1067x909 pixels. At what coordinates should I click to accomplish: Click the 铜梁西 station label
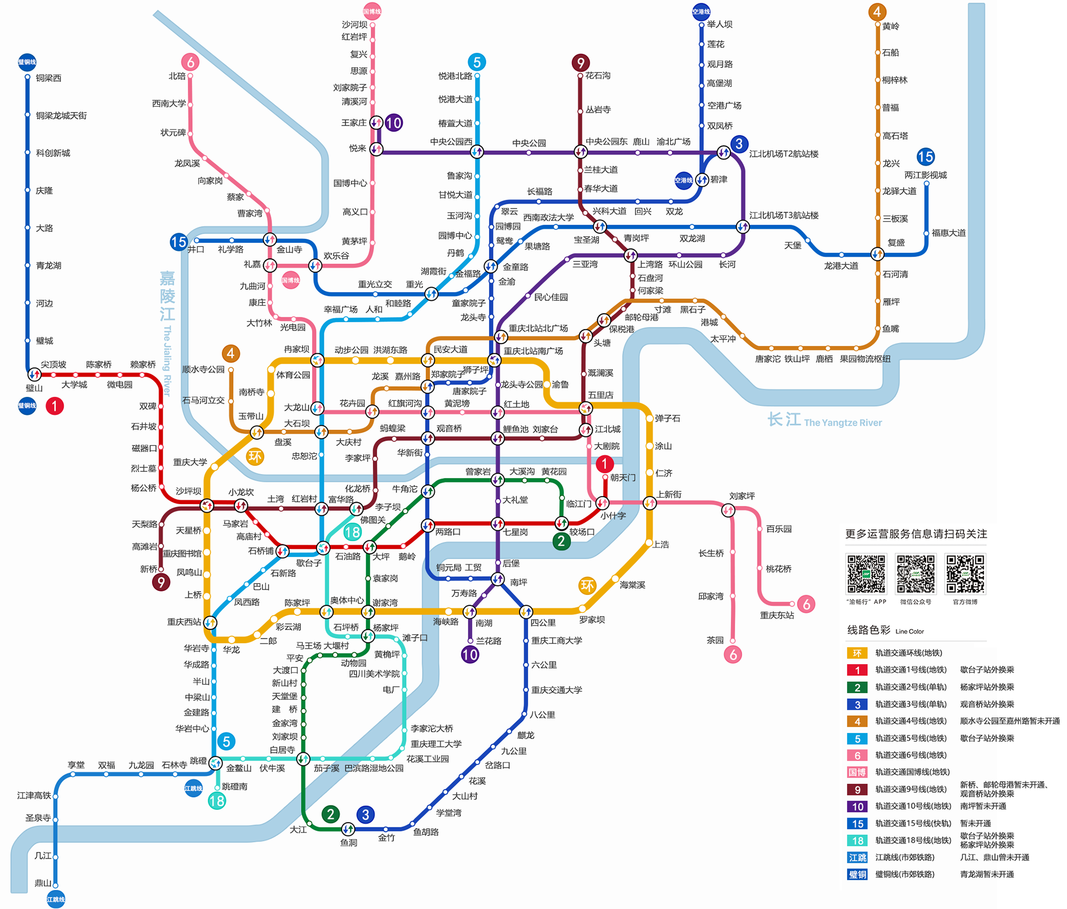(49, 78)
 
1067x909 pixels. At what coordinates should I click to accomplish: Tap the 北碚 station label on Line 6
(177, 76)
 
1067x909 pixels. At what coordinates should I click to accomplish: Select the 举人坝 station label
(720, 24)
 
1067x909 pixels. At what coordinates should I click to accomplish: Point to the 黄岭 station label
(890, 26)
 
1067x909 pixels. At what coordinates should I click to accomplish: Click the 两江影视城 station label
(926, 175)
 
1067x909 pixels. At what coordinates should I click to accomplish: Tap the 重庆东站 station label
(777, 615)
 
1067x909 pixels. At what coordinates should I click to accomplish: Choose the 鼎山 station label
(43, 883)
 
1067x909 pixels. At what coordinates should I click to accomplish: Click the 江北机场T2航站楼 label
(784, 154)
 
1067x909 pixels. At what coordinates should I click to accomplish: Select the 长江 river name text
(784, 420)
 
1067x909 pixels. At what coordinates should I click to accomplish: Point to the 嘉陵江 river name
(168, 296)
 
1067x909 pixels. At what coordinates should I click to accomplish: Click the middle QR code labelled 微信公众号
(915, 574)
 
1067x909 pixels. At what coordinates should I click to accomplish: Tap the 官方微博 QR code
(965, 574)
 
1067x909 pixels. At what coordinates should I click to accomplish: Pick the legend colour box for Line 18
(857, 841)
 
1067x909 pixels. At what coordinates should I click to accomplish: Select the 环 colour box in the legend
(857, 653)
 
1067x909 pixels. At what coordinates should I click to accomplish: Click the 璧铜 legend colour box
(857, 874)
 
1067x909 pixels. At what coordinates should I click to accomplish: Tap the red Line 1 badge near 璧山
(54, 406)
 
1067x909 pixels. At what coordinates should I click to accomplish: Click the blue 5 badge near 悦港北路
(477, 62)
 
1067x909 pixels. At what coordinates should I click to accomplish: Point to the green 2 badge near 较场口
(561, 541)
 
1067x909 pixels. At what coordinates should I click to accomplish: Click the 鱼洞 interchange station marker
(348, 828)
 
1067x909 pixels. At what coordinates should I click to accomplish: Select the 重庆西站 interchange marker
(210, 622)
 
